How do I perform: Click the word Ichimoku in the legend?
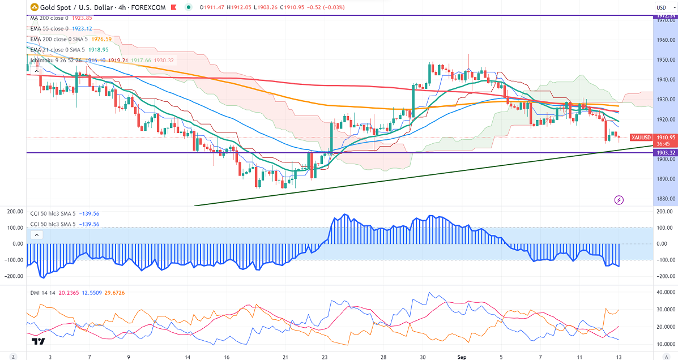tap(42, 60)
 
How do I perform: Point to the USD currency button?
tap(662, 8)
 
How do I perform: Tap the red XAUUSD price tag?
tap(642, 138)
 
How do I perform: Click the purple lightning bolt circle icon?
tap(619, 200)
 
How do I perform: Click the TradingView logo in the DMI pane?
tap(39, 341)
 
